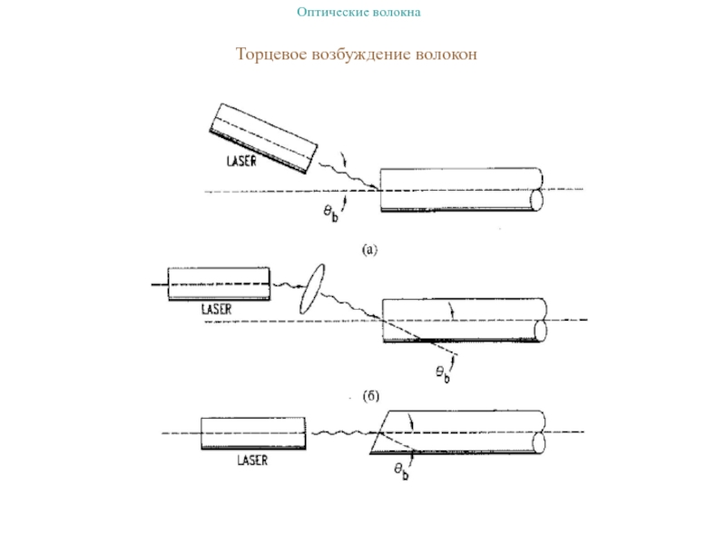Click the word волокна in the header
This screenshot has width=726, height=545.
397,13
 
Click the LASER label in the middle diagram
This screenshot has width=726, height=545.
217,309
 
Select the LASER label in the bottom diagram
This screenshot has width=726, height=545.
252,461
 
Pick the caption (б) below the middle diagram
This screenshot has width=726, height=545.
370,397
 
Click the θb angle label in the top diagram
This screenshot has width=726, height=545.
333,213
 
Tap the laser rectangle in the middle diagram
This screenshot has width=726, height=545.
218,282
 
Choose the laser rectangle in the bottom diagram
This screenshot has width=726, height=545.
251,433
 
